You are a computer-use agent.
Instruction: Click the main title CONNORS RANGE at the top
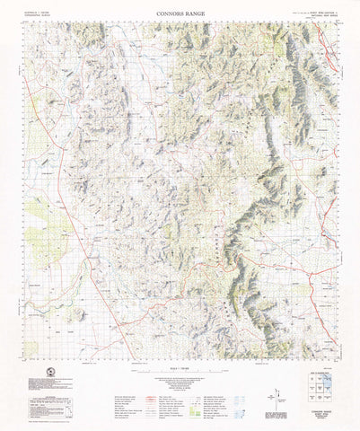pos(180,14)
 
